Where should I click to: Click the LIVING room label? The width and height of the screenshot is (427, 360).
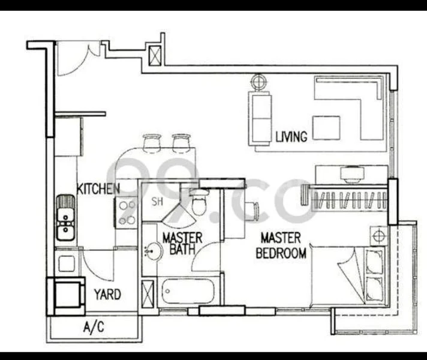click(291, 137)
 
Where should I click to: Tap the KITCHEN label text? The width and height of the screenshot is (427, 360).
click(98, 189)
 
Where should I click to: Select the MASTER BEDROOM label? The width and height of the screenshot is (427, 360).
click(281, 246)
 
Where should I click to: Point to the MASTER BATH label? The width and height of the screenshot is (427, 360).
click(182, 243)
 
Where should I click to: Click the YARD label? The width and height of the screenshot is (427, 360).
click(107, 295)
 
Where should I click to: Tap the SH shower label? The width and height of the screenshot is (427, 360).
click(157, 201)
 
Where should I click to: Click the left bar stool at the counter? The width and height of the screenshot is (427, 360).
click(152, 142)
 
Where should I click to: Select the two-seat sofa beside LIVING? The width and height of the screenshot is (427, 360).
click(261, 118)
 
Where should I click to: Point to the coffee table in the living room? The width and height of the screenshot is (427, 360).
click(325, 127)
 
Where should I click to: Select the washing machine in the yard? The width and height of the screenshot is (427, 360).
click(67, 294)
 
